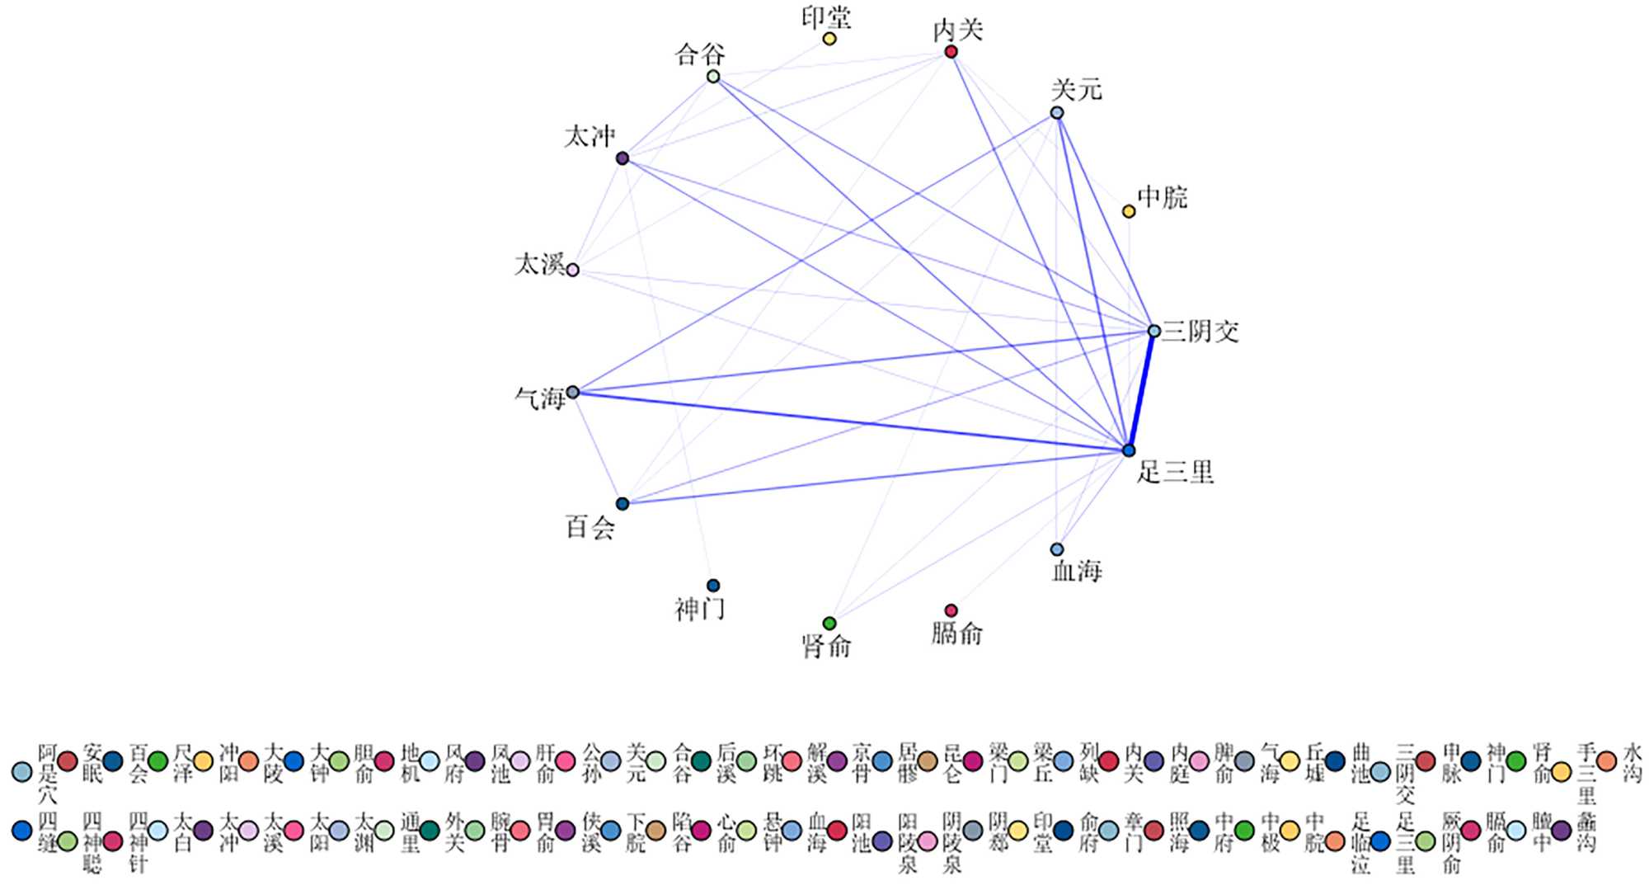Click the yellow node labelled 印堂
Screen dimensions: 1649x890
point(829,39)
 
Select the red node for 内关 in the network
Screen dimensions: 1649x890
point(951,52)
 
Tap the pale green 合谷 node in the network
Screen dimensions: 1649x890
point(713,77)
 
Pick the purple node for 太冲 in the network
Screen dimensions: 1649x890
point(622,158)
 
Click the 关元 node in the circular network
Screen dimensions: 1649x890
point(1057,113)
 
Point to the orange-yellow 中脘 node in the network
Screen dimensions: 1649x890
point(1129,211)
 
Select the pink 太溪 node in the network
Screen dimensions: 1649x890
point(573,270)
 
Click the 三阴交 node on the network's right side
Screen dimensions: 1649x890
point(1154,331)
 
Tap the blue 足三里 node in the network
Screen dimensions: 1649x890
point(1129,450)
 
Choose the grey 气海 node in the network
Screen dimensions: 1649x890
point(573,392)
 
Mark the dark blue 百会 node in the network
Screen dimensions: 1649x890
point(622,503)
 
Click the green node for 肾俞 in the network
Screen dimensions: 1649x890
point(829,623)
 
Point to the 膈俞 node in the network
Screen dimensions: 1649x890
point(951,610)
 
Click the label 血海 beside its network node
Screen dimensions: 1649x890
point(1077,571)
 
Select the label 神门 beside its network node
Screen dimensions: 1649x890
point(700,610)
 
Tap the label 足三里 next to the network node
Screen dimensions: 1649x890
point(1175,473)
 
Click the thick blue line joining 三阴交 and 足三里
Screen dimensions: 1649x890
point(1142,390)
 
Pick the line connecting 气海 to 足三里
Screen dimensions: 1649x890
point(849,421)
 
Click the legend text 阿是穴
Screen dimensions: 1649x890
point(48,773)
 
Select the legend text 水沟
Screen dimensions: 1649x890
point(1633,763)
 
